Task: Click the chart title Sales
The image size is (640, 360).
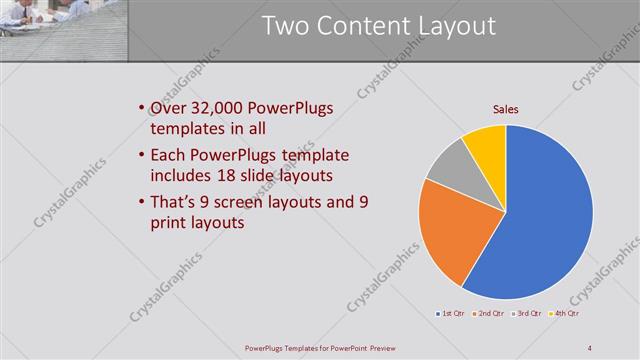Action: pyautogui.click(x=505, y=110)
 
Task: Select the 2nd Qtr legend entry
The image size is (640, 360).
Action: pyautogui.click(x=488, y=314)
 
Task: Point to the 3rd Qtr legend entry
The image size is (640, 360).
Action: pyautogui.click(x=527, y=314)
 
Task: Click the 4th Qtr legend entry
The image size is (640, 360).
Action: pyautogui.click(x=565, y=314)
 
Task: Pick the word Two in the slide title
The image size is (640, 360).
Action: pyautogui.click(x=285, y=27)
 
